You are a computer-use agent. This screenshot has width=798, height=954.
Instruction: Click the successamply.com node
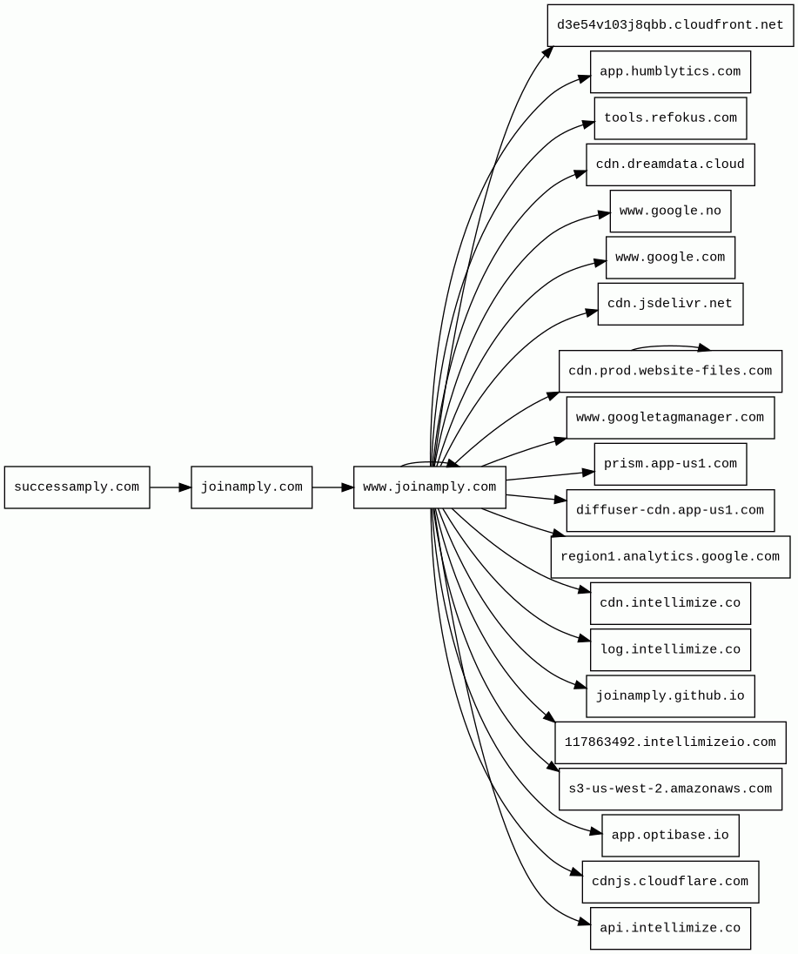(x=77, y=487)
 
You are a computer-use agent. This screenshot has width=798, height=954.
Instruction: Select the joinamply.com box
(x=251, y=487)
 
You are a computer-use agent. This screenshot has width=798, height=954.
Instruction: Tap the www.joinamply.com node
(x=430, y=487)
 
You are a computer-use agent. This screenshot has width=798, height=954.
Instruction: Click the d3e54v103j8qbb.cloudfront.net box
(x=670, y=25)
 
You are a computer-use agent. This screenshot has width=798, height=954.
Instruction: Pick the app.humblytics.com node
(x=670, y=71)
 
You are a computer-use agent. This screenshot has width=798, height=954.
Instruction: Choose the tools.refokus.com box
(x=670, y=118)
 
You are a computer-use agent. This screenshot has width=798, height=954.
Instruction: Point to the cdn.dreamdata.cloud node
(x=670, y=165)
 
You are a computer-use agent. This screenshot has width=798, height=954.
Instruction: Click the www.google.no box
(x=670, y=212)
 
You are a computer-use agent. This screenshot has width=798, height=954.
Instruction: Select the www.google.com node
(x=670, y=258)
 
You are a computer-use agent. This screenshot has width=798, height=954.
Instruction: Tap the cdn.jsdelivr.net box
(x=670, y=304)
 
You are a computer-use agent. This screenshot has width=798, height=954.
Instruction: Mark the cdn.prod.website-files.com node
(x=670, y=372)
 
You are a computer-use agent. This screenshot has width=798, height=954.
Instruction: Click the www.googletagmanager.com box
(x=670, y=418)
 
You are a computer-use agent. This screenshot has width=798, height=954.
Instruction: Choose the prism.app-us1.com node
(x=670, y=464)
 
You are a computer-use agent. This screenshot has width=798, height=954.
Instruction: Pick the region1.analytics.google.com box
(x=670, y=557)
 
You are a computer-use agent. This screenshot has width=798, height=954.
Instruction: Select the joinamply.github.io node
(x=670, y=696)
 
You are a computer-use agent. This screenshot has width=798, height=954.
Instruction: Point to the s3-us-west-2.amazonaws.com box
(x=670, y=789)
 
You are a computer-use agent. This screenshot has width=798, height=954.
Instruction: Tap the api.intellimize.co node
(x=670, y=929)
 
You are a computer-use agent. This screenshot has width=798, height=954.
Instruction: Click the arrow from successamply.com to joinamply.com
(x=170, y=487)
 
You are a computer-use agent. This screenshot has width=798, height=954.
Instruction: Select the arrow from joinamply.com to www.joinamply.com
(x=332, y=487)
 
